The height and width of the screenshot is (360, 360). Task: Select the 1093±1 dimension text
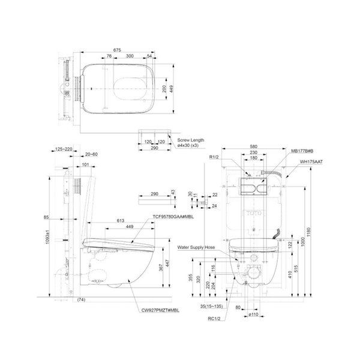pyautogui.click(x=55, y=232)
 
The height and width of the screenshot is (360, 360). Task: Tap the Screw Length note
pyautogui.click(x=191, y=140)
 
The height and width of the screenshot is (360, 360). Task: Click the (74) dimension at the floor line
pyautogui.click(x=82, y=299)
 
